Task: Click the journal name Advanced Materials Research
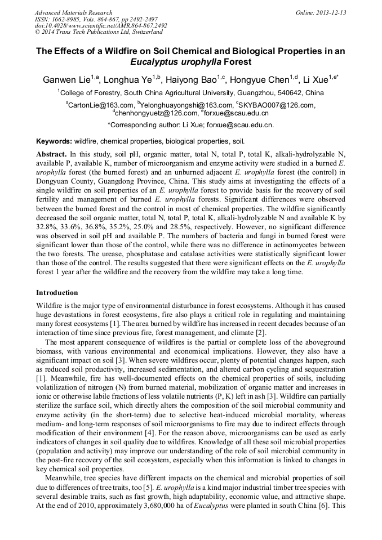click(x=73, y=12)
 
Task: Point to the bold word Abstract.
click(x=51, y=154)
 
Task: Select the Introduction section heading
click(x=57, y=293)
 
